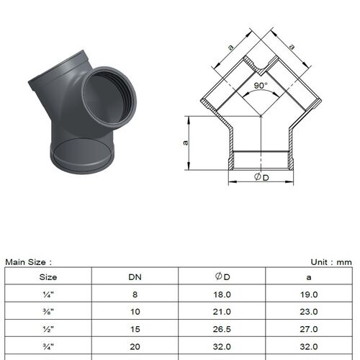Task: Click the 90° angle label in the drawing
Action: (x=261, y=86)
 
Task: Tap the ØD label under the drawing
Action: (x=261, y=177)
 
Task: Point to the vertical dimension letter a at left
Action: (x=185, y=143)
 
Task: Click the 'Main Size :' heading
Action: (x=29, y=262)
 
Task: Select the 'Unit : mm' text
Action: (x=331, y=262)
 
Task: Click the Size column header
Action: (x=48, y=277)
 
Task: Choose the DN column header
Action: (x=135, y=277)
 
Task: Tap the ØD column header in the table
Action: (x=222, y=276)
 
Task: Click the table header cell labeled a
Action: (x=309, y=278)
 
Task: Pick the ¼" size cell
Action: (x=48, y=294)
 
